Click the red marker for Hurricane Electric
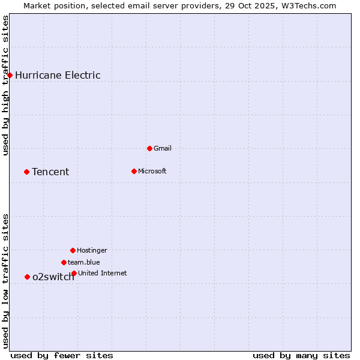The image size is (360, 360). [x=10, y=75]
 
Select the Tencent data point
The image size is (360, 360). [x=26, y=172]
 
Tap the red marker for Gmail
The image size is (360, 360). [x=149, y=148]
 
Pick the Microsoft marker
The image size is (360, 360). [x=134, y=171]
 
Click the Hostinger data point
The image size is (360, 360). [x=73, y=250]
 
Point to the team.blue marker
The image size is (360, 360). [x=64, y=262]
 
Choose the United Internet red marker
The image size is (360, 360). [x=74, y=273]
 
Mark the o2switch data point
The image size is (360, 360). [x=27, y=277]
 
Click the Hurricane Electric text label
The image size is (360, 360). [x=58, y=75]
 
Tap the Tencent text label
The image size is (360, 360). [x=50, y=172]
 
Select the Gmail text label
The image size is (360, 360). [x=163, y=148]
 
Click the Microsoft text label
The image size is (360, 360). [x=152, y=171]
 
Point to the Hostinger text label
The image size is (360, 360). [x=92, y=250]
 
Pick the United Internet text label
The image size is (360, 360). [x=103, y=273]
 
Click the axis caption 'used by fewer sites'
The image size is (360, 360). [x=62, y=355]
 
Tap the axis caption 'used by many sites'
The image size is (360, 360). [x=301, y=355]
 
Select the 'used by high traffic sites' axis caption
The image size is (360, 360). [x=6, y=85]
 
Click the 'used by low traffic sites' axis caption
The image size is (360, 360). [x=6, y=281]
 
